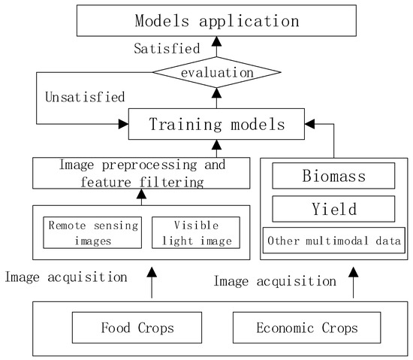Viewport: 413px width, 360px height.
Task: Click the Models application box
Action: pos(216,20)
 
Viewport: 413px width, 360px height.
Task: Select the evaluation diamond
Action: pos(216,72)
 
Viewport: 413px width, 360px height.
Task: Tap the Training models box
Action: pos(216,123)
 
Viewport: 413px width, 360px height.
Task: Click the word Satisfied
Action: pos(166,48)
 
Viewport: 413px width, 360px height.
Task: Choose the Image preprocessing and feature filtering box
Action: pos(140,174)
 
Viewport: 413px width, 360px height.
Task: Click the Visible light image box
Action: pos(195,231)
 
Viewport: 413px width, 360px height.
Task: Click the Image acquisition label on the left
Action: pos(67,276)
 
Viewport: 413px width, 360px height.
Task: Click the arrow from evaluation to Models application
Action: pos(216,47)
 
